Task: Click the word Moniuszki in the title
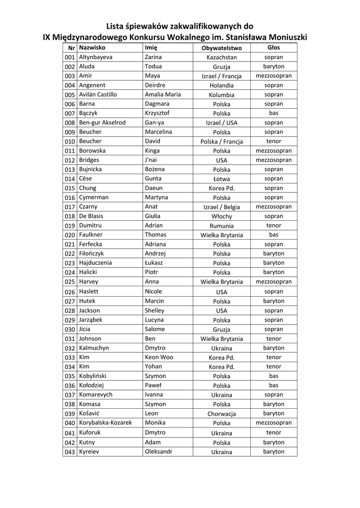point(285,37)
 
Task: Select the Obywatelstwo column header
point(221,48)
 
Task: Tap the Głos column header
point(274,48)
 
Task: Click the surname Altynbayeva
point(96,57)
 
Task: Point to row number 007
point(70,114)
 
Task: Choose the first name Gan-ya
point(154,123)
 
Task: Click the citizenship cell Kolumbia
point(222,95)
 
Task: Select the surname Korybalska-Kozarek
point(106,423)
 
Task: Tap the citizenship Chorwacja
point(222,414)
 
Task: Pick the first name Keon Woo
point(159,357)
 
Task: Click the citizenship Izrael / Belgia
point(222,207)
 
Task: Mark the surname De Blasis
point(91,216)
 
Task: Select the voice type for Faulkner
point(274,235)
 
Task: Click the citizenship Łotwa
point(222,179)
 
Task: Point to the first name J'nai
point(152,160)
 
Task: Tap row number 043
point(70,452)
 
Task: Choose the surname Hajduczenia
point(95,263)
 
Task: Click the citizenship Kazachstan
point(222,58)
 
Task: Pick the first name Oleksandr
point(158,451)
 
